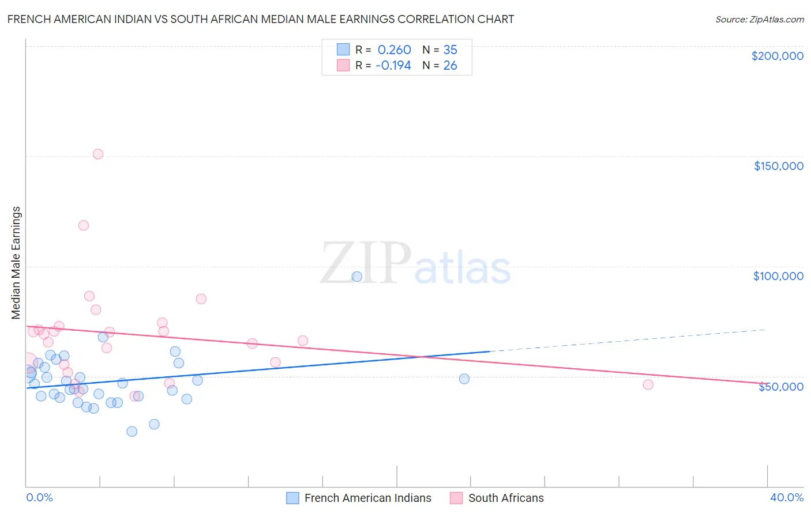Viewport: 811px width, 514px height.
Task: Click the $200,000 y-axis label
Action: [x=777, y=56]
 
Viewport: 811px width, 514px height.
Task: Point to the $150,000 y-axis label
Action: [x=778, y=166]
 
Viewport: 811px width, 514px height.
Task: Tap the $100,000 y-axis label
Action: [x=778, y=276]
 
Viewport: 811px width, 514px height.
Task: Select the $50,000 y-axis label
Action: [x=780, y=387]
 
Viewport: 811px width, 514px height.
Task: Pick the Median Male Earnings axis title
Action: [x=16, y=262]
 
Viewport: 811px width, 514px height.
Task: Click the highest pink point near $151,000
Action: [x=98, y=154]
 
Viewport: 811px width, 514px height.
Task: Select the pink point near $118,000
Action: [x=84, y=225]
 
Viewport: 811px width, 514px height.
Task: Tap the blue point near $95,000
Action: [x=356, y=277]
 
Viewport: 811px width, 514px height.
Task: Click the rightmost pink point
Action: [x=648, y=384]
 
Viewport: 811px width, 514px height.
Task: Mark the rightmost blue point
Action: [x=464, y=379]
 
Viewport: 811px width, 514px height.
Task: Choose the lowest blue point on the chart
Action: [x=132, y=431]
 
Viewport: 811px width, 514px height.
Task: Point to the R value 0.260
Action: [x=394, y=50]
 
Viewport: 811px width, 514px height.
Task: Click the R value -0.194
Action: [x=393, y=66]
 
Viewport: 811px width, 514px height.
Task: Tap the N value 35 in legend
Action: [x=450, y=50]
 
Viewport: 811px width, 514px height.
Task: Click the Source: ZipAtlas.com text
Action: [x=759, y=19]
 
